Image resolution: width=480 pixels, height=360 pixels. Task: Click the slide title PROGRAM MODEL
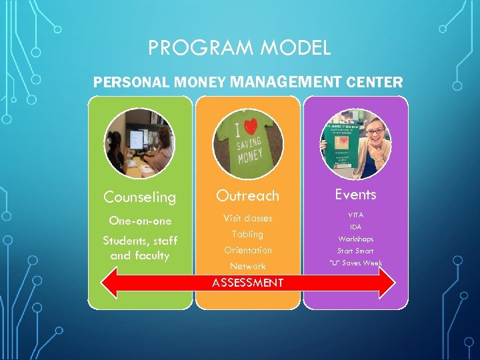[x=239, y=48]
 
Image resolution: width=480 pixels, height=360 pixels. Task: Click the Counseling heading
[x=140, y=197]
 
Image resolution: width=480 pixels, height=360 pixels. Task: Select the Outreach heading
[x=247, y=195]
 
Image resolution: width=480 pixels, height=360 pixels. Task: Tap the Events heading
[x=355, y=195]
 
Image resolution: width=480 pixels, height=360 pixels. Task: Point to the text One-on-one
[x=140, y=221]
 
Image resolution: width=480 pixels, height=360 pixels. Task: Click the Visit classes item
[x=247, y=218]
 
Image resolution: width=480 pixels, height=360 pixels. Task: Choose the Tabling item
[x=247, y=234]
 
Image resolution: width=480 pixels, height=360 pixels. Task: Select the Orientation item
[x=247, y=250]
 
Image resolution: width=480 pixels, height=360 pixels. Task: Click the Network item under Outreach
[x=247, y=266]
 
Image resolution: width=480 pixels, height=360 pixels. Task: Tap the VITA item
[x=355, y=215]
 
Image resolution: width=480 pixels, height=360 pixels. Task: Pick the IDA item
[x=355, y=227]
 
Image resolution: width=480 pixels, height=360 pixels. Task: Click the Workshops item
[x=355, y=239]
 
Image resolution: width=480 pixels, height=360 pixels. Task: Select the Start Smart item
[x=355, y=251]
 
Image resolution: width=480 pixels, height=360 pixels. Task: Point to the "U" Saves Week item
[x=355, y=263]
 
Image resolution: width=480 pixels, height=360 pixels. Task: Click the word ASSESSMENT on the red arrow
[x=247, y=283]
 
